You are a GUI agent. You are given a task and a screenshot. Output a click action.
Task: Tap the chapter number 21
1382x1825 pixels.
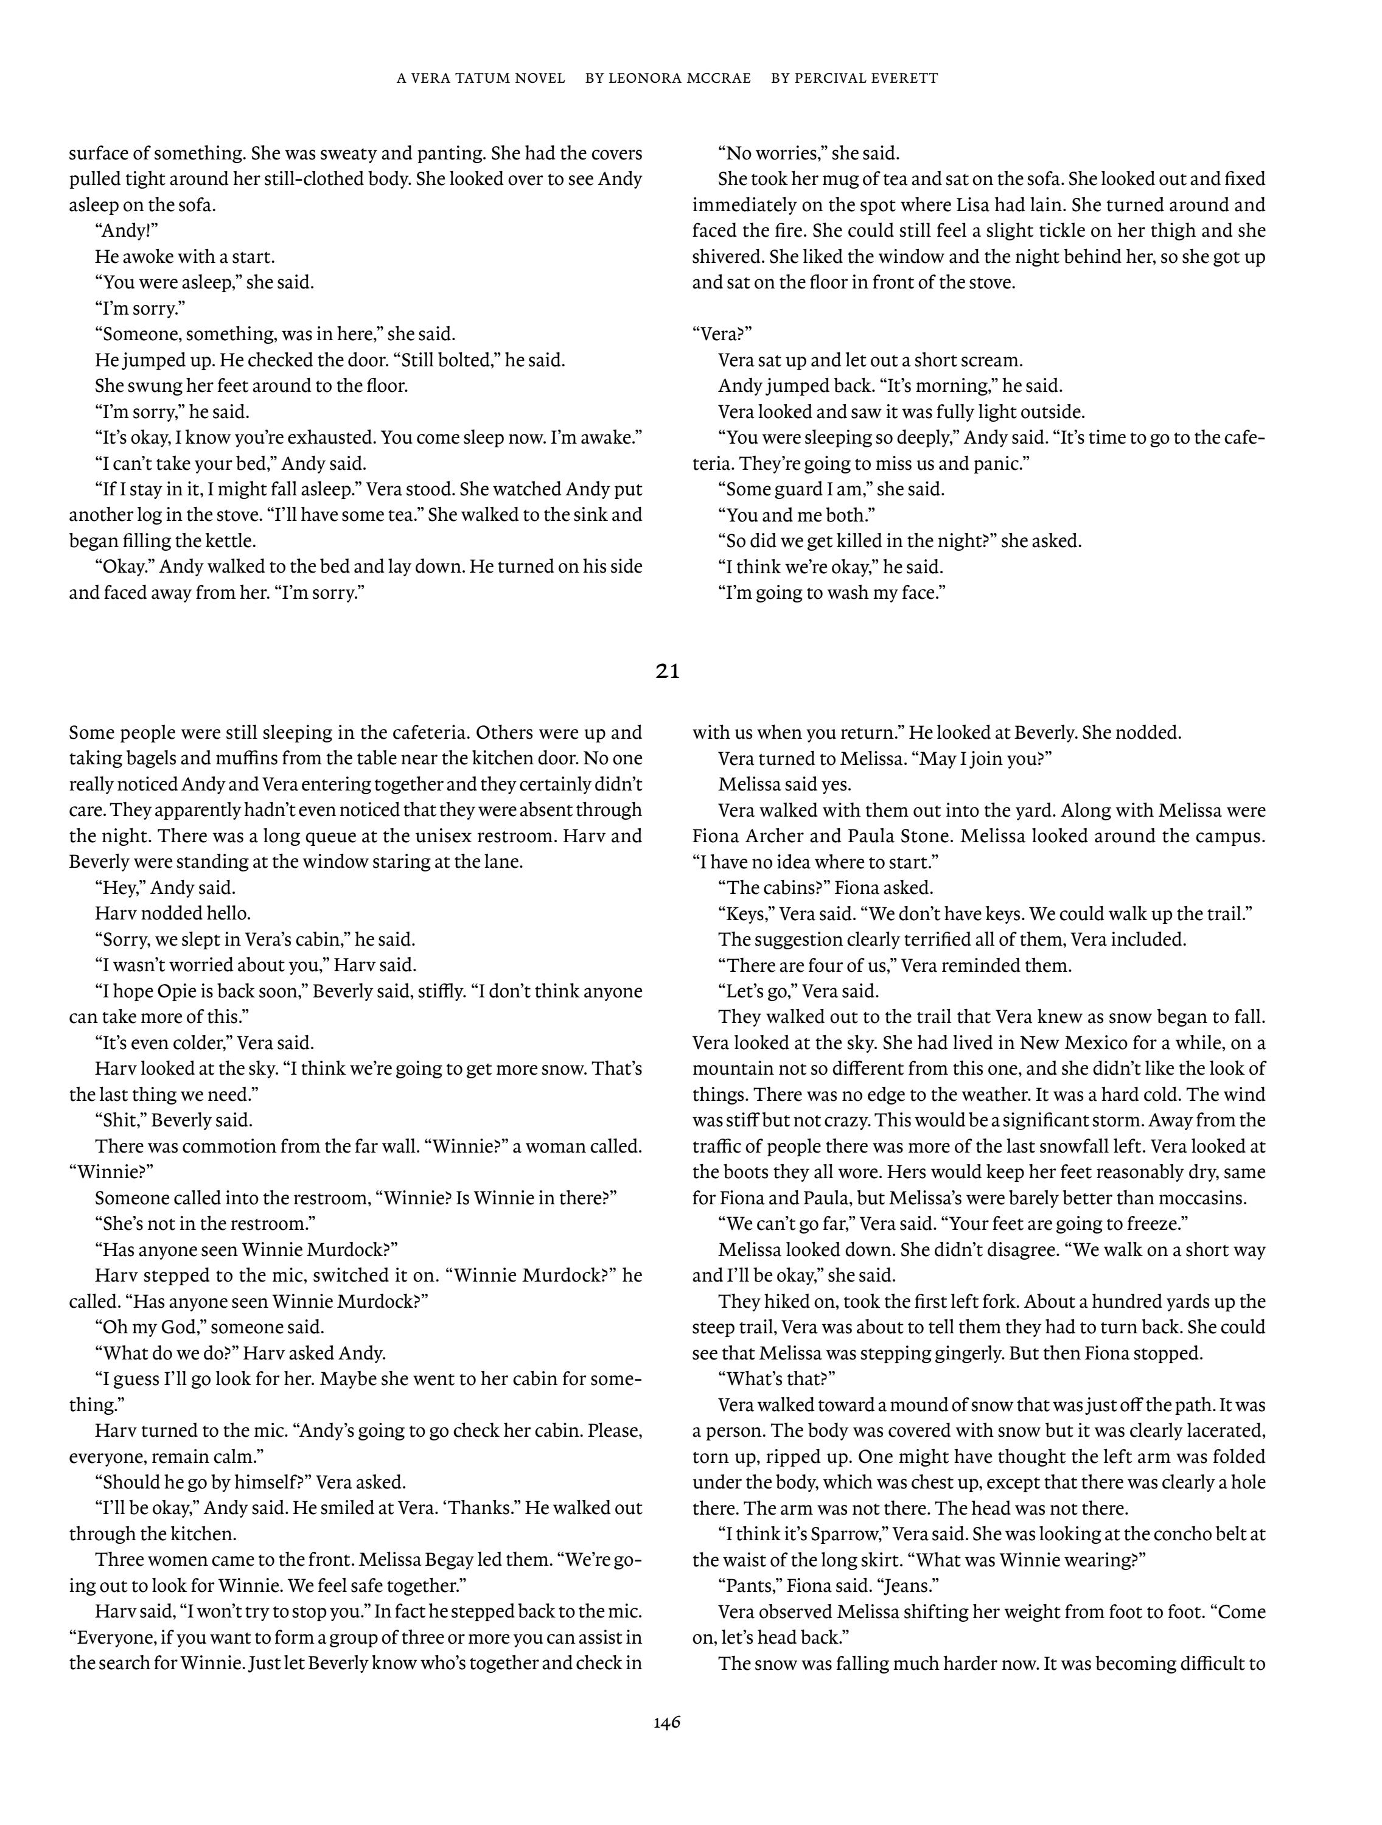[668, 672]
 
